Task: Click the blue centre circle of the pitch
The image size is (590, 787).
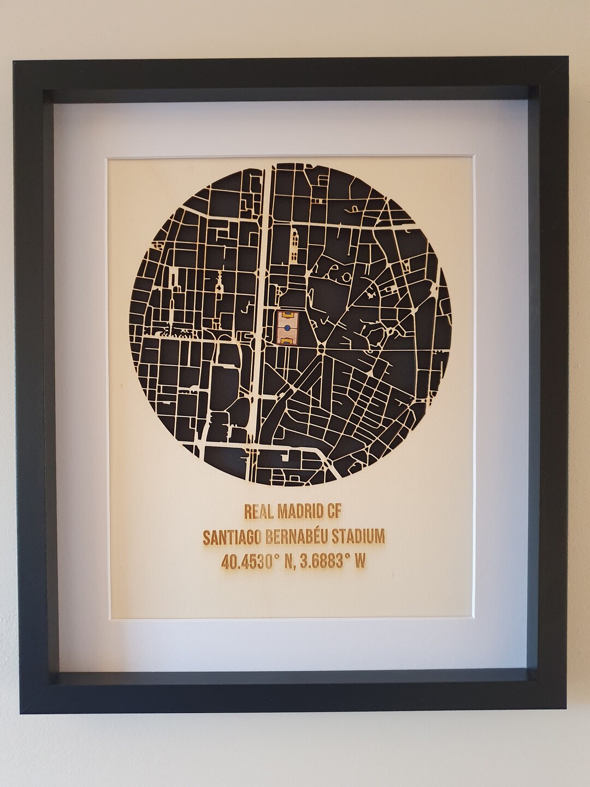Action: [287, 327]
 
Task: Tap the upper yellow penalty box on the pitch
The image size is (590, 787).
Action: [287, 315]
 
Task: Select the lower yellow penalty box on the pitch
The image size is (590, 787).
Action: [287, 340]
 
